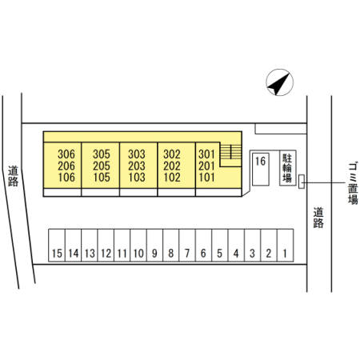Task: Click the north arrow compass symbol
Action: [279, 82]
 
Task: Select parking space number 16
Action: [261, 169]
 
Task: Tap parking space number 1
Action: [286, 245]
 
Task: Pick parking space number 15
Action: [57, 245]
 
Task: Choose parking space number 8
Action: [171, 245]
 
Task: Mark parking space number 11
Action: [122, 245]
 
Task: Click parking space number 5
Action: [220, 245]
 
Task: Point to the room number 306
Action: [66, 154]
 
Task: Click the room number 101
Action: [206, 178]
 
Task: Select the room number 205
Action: [102, 166]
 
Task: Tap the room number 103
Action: [137, 178]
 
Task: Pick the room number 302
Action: [172, 154]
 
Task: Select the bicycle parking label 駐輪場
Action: [287, 168]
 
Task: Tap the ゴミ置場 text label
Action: [353, 184]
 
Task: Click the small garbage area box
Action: [302, 182]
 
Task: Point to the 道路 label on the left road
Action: [13, 176]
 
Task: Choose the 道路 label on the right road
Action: [318, 218]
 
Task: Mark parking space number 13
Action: [90, 245]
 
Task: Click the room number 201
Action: [206, 166]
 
